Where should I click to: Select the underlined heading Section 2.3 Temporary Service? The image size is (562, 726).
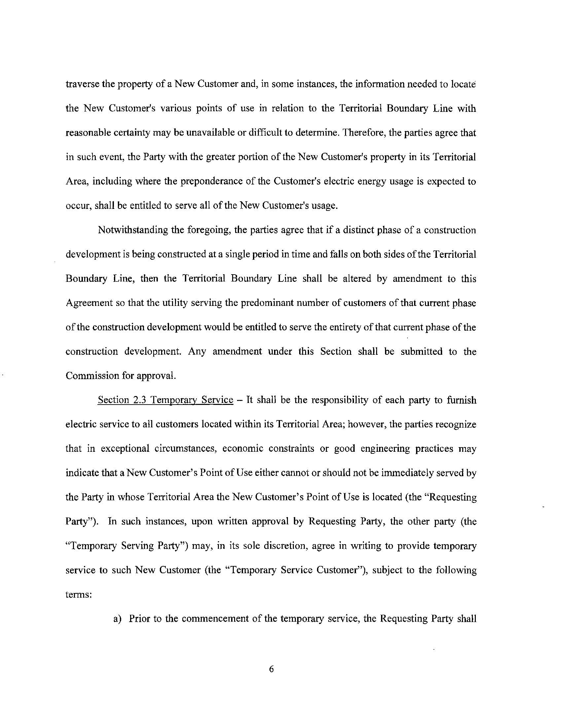[165, 400]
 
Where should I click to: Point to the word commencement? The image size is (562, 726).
[218, 619]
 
